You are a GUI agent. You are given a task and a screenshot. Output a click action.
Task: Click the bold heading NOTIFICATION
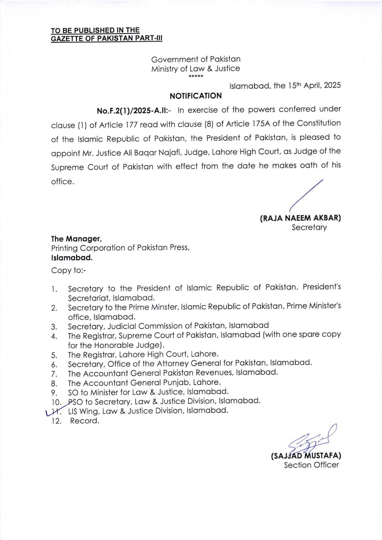(x=196, y=96)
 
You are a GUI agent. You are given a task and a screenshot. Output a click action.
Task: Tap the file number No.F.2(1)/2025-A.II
(x=134, y=111)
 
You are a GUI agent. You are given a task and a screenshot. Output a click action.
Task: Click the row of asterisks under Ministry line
(x=196, y=77)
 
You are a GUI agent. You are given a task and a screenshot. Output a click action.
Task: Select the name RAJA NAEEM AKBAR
(x=300, y=218)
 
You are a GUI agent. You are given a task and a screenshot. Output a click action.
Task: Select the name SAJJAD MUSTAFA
(x=306, y=456)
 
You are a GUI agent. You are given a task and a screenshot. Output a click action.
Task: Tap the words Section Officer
(x=311, y=465)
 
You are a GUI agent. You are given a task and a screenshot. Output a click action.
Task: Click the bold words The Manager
(x=76, y=239)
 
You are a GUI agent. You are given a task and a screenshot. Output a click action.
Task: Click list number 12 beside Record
(x=56, y=421)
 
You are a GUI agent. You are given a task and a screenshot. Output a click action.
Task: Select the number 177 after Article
(x=131, y=125)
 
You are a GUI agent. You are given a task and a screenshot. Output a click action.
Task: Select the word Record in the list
(x=84, y=421)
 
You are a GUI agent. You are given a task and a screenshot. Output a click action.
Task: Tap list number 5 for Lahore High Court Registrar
(x=54, y=355)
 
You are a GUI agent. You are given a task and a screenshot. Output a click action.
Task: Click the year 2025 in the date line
(x=332, y=85)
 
